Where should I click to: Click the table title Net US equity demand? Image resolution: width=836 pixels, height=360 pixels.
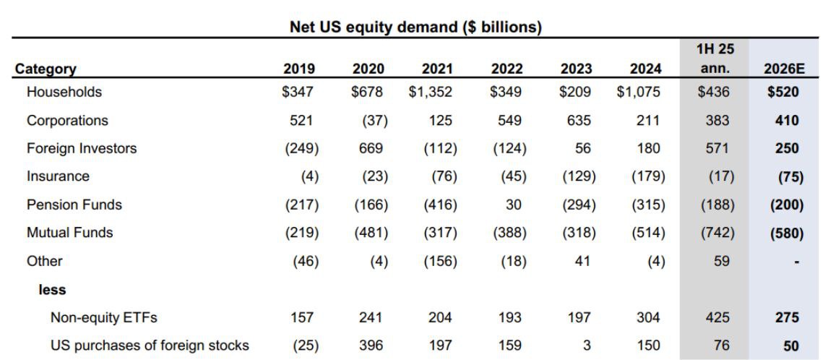pos(376,27)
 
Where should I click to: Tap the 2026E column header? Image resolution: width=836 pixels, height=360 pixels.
pos(783,69)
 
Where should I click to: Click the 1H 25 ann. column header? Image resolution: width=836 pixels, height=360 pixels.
pos(715,59)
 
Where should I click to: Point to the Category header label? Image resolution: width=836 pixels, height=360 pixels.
pos(46,69)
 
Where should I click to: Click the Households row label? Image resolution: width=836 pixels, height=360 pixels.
pos(64,92)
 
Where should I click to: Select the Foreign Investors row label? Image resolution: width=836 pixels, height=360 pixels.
pos(82,148)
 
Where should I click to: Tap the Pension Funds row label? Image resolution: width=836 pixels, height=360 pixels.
pos(74,205)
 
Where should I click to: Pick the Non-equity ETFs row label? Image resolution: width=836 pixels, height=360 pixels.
pos(104,318)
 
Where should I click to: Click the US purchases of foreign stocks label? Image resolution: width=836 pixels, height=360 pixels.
pos(150,346)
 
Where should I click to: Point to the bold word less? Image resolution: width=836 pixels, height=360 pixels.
pos(52,290)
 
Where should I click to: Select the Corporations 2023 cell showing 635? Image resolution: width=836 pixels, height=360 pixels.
pos(576,120)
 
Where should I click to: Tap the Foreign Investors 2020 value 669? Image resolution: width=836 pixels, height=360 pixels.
pos(371,148)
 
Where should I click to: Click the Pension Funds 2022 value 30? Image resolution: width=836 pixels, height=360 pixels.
pos(513,205)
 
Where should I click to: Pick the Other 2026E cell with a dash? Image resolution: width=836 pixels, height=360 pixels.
pos(796,262)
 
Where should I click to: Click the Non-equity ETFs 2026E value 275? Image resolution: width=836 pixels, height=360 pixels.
pos(786,318)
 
